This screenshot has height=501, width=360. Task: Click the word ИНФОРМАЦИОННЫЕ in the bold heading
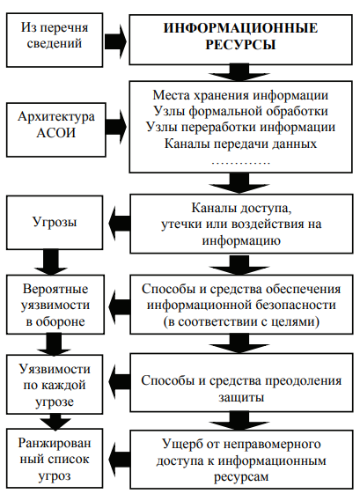240,28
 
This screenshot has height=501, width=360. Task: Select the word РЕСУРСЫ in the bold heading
240,44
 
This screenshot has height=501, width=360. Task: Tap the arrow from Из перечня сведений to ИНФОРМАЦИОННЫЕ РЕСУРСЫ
115,41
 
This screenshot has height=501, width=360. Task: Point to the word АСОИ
56,133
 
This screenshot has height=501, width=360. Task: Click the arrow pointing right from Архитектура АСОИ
116,127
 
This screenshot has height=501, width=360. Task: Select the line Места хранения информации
240,95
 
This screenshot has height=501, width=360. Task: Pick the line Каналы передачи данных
240,144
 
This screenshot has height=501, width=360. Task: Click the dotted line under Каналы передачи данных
240,162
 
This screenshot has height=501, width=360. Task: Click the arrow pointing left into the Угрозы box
119,223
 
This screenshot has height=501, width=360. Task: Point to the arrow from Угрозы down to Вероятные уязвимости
53,262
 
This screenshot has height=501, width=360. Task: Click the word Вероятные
55,289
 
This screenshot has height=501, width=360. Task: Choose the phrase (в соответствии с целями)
241,321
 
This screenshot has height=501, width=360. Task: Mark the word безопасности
295,306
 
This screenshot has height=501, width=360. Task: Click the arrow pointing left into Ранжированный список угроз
119,459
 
